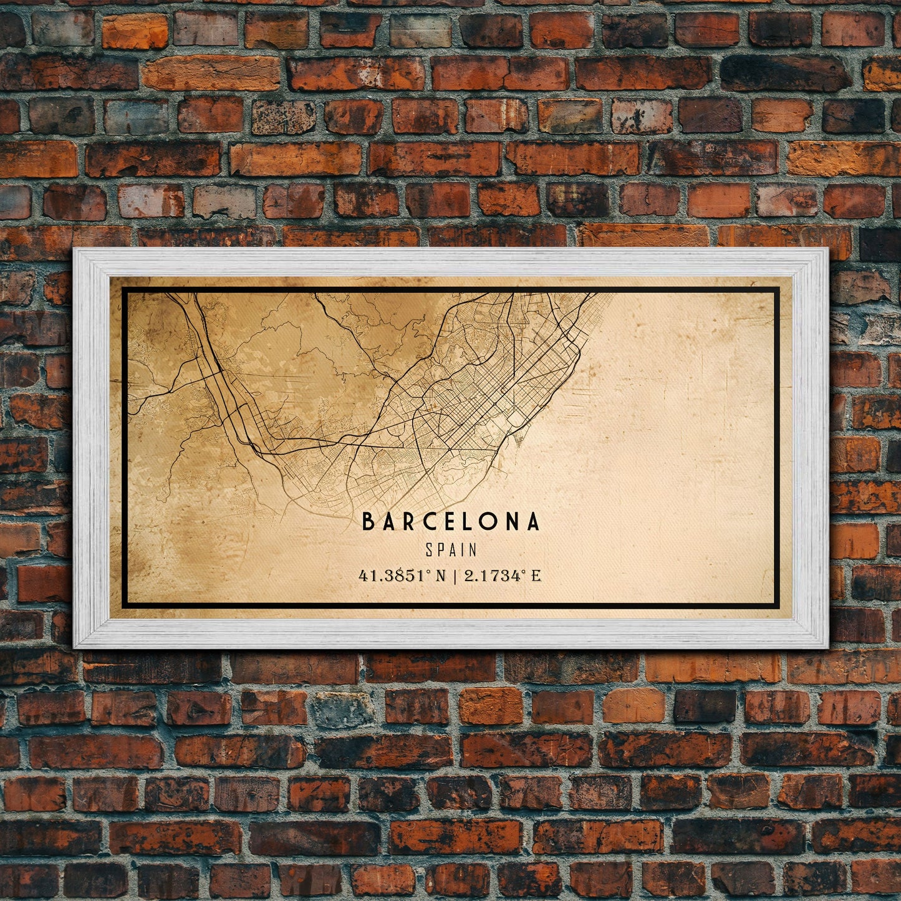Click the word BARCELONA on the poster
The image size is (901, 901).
point(451,522)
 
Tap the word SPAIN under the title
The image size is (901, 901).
point(451,550)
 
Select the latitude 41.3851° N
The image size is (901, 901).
point(403,576)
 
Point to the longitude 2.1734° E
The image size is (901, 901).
point(503,576)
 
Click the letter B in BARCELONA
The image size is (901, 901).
point(368,522)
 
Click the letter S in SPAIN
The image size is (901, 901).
point(430,550)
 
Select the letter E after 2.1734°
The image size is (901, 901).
point(536,576)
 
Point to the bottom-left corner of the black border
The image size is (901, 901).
point(123,606)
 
